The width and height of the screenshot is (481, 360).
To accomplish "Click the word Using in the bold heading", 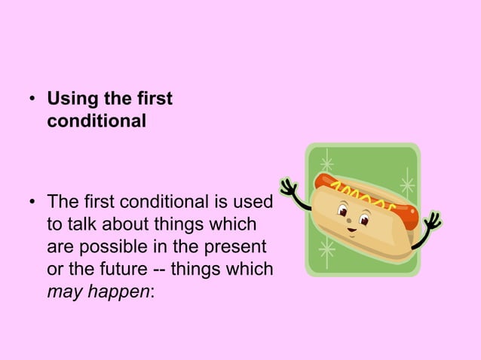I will pos(70,99).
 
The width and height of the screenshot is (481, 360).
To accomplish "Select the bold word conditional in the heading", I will pos(96,120).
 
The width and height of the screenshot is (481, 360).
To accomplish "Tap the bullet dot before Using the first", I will pos(33,100).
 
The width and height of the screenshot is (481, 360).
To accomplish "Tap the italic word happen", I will pos(122,291).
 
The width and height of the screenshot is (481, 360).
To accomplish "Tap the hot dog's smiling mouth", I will pos(351,231).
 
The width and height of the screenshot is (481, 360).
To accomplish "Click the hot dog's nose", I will pos(355,223).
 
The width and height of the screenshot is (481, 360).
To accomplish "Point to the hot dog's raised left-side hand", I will pos(287,188).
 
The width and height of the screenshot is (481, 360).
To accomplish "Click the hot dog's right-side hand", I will pos(433,222).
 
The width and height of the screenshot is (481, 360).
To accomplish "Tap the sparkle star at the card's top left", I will pos(326,163).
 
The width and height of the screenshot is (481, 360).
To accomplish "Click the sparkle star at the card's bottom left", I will pos(326,249).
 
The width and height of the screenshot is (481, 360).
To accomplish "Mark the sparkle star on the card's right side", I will pos(406,184).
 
